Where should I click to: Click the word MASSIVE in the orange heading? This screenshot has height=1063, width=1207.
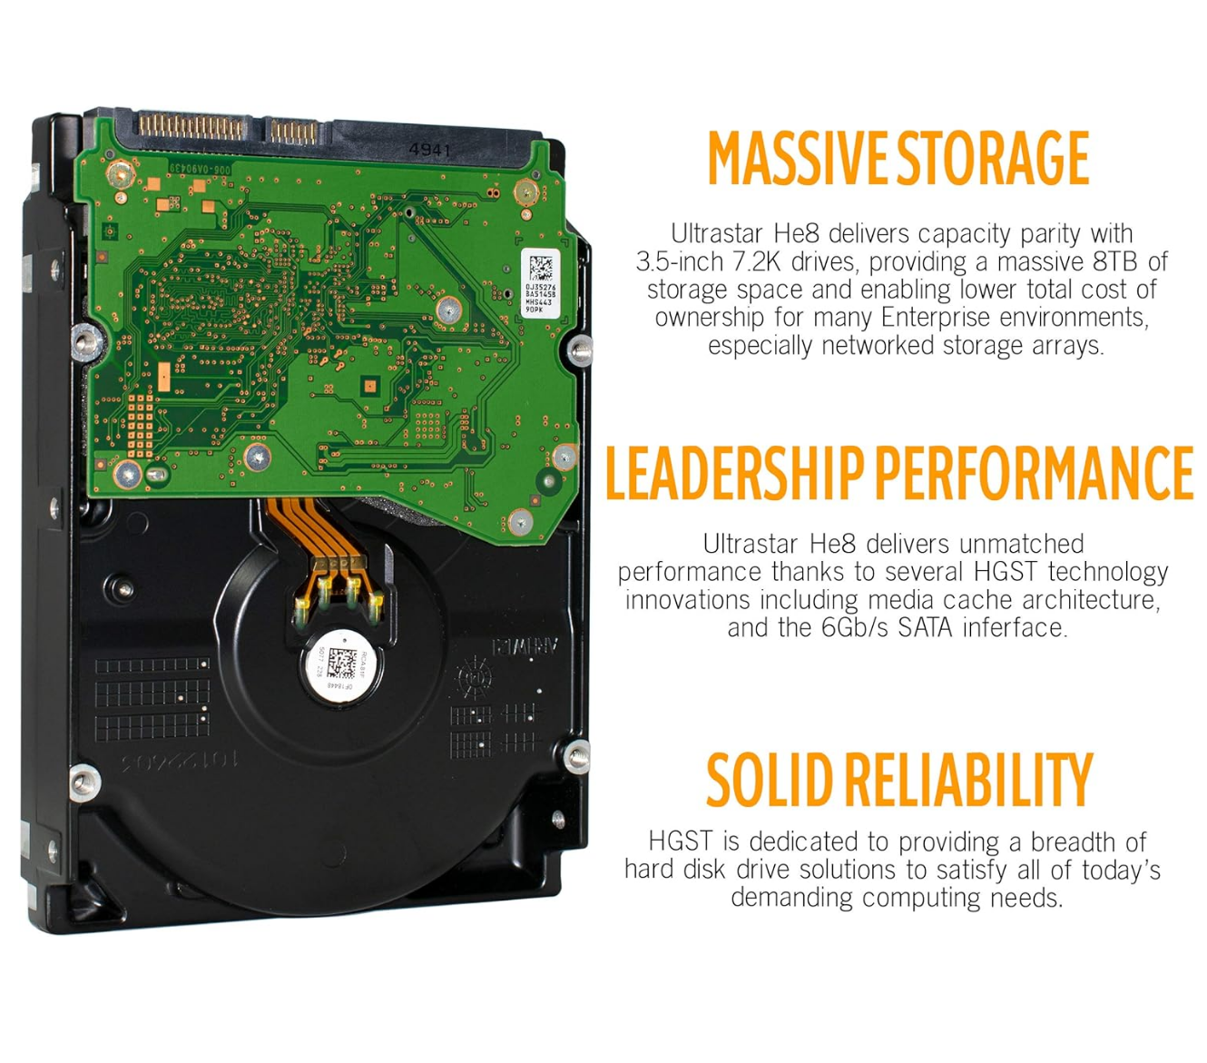(799, 159)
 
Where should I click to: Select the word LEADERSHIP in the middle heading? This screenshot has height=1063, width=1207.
(734, 473)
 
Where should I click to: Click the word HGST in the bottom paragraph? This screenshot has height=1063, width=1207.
(681, 842)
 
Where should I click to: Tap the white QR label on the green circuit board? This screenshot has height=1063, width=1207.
(540, 282)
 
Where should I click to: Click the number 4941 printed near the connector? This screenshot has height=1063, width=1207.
(429, 150)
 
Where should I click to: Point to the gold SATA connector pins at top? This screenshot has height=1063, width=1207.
(191, 127)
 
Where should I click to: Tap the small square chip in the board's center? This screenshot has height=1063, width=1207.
(369, 386)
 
